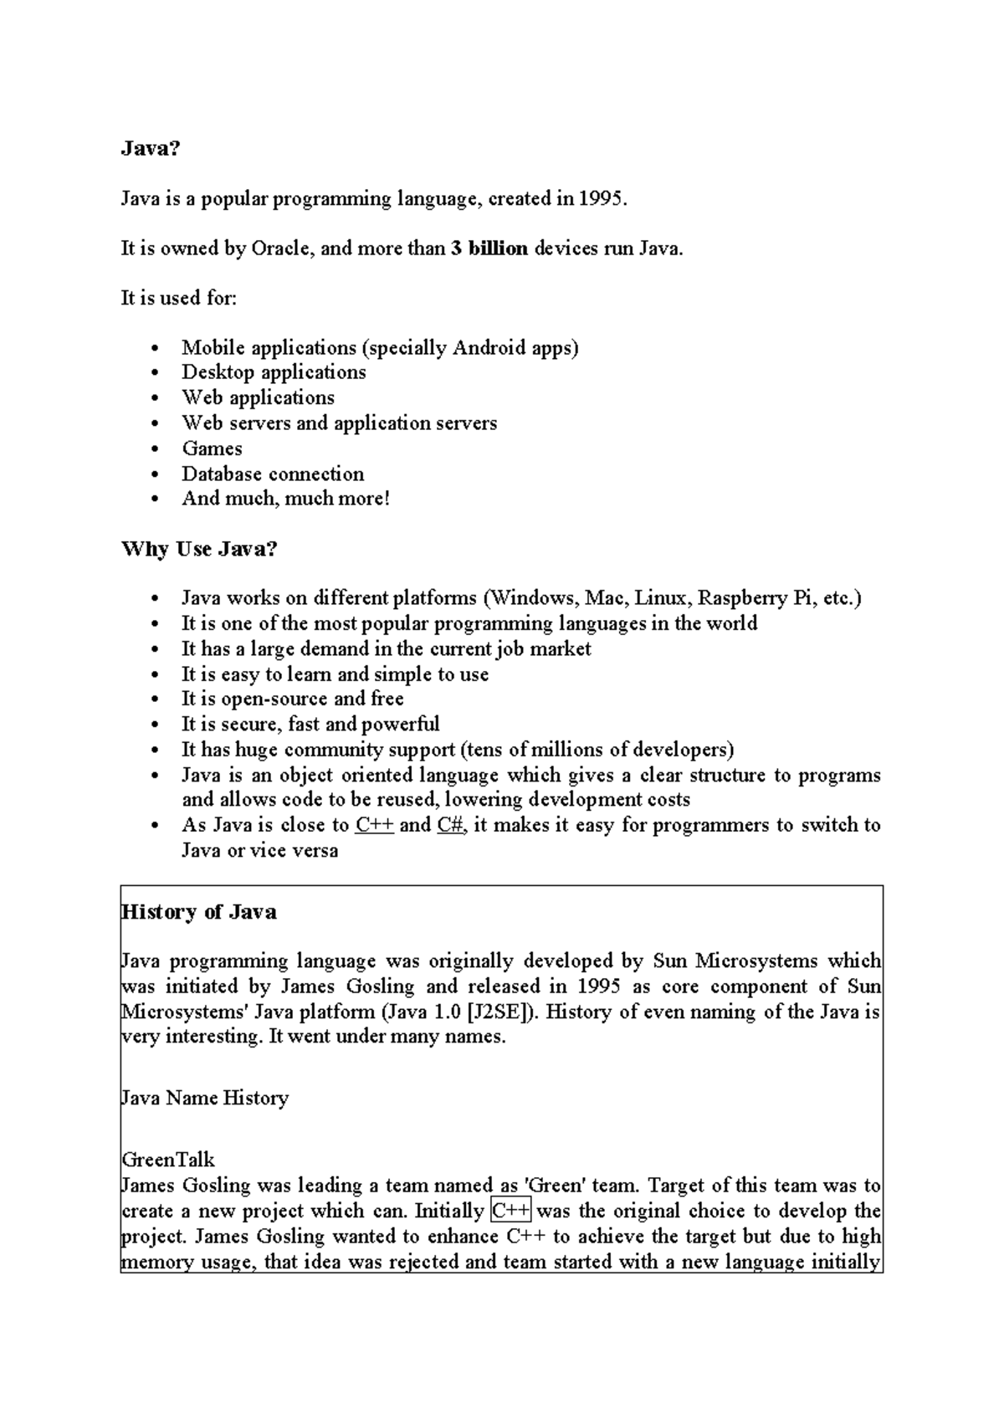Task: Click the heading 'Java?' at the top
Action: click(151, 149)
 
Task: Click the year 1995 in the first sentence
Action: click(602, 199)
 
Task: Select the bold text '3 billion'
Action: click(489, 248)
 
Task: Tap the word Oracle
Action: click(282, 248)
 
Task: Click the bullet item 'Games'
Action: click(213, 448)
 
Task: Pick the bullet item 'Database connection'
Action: click(273, 474)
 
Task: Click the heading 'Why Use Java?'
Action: click(199, 550)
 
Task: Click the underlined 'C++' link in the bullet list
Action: click(374, 825)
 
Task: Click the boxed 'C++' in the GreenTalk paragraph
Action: click(511, 1211)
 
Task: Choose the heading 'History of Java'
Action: click(199, 912)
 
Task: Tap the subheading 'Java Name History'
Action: click(205, 1098)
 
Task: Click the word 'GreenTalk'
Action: click(168, 1160)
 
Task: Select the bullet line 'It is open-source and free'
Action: click(292, 699)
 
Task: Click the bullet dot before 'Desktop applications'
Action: click(156, 374)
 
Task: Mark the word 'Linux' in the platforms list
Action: click(663, 598)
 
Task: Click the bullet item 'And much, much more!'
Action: click(286, 499)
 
